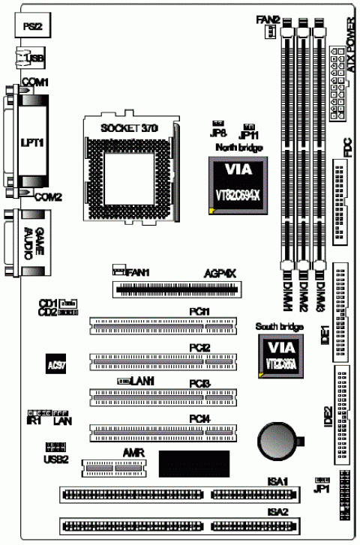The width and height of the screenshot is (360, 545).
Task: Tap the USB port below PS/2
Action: coord(32,57)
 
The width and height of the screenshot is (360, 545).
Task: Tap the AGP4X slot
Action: coord(172,289)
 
